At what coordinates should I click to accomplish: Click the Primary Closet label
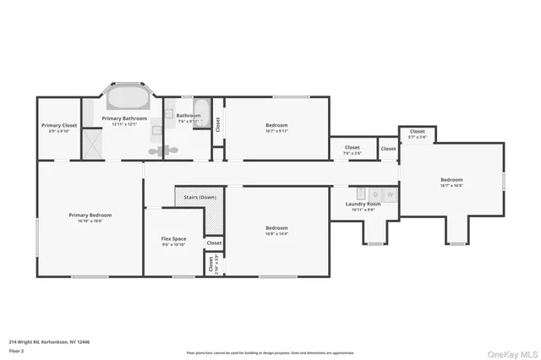[x=59, y=128]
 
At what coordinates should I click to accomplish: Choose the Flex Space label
[x=173, y=241]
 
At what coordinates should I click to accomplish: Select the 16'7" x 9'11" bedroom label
[x=276, y=128]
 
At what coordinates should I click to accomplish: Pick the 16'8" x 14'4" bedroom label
[x=276, y=230]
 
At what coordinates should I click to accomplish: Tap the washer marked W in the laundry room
[x=390, y=194]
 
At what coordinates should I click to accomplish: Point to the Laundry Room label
[x=363, y=206]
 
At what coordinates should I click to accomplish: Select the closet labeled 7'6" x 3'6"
[x=352, y=150]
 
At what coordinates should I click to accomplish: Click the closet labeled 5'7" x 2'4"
[x=418, y=134]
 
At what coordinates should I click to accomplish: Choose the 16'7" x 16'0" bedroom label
[x=451, y=182]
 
